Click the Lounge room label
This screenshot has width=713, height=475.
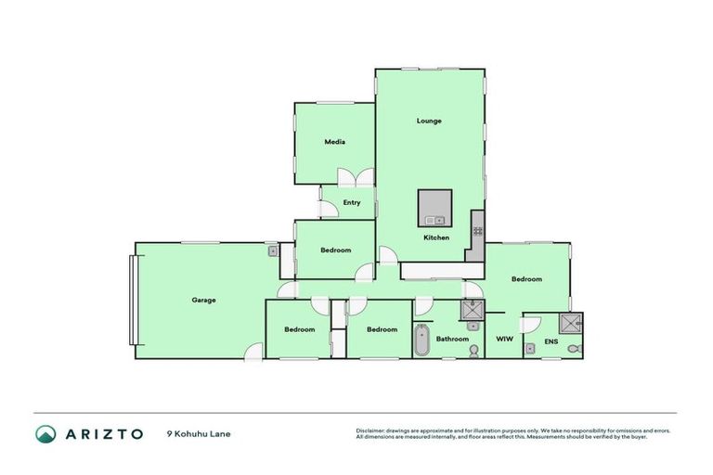coord(429,121)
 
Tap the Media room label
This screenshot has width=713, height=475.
coord(335,142)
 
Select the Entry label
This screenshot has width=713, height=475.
coord(352,202)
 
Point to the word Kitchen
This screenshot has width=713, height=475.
coord(436,237)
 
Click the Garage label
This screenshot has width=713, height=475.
coord(204,300)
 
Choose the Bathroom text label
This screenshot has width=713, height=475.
coord(452,339)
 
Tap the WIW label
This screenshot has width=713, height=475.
coord(504,339)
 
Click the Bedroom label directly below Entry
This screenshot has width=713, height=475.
coord(336,250)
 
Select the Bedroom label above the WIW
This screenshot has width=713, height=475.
coord(526,278)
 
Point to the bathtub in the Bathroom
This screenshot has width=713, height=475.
coord(421,340)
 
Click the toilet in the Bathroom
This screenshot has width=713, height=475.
coord(474,350)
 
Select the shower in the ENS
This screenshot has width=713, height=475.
coord(572,322)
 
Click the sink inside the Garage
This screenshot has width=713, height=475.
coord(273,250)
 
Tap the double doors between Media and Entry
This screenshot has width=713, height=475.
coord(356,177)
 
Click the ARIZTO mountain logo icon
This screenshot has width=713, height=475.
coord(45,433)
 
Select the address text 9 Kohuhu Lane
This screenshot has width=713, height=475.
coord(198,433)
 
